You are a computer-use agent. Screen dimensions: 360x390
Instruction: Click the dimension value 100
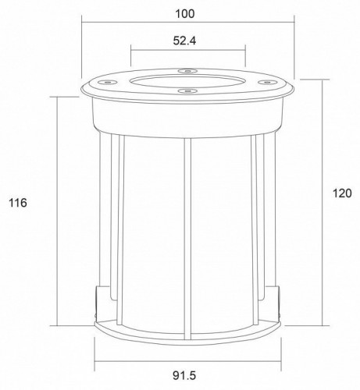tap(185, 14)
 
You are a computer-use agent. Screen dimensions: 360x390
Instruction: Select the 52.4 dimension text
tap(184, 41)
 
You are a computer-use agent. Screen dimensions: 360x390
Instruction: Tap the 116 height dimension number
tap(18, 203)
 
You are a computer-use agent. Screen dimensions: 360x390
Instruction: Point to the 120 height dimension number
tap(342, 193)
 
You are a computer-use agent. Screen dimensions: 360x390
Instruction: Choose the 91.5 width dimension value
tap(184, 375)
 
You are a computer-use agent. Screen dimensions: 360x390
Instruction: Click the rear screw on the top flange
tap(187, 71)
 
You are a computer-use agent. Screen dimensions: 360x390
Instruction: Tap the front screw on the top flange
tap(187, 90)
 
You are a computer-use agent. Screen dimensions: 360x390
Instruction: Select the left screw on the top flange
tap(107, 82)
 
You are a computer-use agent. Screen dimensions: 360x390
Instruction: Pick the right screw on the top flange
tap(267, 82)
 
